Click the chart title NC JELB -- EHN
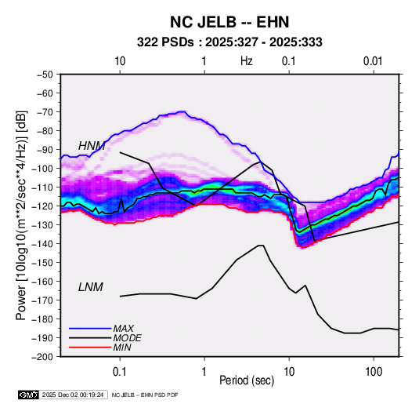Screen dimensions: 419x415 pos(229,22)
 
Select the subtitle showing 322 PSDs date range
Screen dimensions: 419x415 pos(229,42)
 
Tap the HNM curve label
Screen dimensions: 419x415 pos(92,146)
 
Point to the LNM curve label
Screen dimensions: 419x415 pos(91,287)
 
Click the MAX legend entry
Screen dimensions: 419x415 pos(124,329)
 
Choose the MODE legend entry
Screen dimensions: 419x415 pos(127,338)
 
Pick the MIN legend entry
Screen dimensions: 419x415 pos(122,348)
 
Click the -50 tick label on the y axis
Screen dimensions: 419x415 pos(45,75)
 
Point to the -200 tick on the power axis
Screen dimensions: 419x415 pos(42,357)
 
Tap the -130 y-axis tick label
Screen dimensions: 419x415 pos(42,225)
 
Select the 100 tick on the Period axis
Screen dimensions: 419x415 pos(374,372)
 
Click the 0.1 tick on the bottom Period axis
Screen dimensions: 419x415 pos(120,372)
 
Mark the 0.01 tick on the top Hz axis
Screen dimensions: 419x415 pos(373,61)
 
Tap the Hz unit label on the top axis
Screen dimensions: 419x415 pos(247,61)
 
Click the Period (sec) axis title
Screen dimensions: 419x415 pos(247,380)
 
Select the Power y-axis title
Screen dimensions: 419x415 pos(21,215)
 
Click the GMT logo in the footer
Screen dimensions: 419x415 pos(28,395)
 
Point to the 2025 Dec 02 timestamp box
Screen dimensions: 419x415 pos(73,395)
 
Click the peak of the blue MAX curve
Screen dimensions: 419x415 pos(182,111)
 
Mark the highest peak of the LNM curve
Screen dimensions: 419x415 pos(261,246)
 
